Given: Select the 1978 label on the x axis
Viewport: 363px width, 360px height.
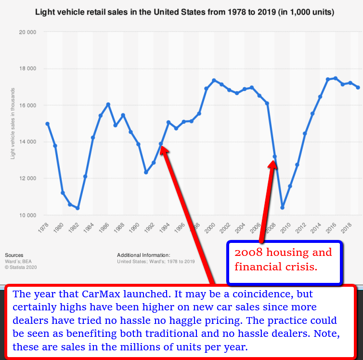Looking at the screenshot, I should tap(44, 227).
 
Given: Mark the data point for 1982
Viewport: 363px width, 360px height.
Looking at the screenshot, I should tap(78, 208).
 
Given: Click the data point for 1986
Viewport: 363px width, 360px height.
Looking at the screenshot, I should tap(108, 104).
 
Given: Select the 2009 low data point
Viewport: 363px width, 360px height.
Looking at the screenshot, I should tap(282, 208).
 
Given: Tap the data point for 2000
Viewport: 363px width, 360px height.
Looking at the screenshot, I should tap(214, 80).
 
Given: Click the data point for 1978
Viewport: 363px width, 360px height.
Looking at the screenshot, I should tap(47, 124).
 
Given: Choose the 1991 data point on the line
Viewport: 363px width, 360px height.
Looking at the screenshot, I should tap(146, 172).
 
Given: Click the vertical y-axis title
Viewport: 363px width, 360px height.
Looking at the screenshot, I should tap(13, 123).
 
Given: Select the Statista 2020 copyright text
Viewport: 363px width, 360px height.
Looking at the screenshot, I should tap(21, 267).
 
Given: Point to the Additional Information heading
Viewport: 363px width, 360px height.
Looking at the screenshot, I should tap(143, 255).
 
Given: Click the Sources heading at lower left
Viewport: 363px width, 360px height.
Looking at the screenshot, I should tap(14, 255).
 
